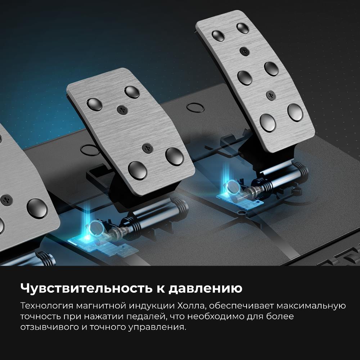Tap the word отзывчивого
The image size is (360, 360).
point(47,328)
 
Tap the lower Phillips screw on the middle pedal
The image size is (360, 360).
point(146,147)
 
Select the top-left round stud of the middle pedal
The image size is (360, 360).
point(94,104)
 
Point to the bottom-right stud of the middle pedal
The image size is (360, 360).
point(174,156)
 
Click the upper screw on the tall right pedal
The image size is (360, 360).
point(245,51)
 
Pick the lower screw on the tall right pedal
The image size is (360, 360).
point(270,95)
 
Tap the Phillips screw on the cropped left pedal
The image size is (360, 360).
point(6,199)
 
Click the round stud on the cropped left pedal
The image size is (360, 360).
point(37,208)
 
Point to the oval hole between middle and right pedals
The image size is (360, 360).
point(195,107)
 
